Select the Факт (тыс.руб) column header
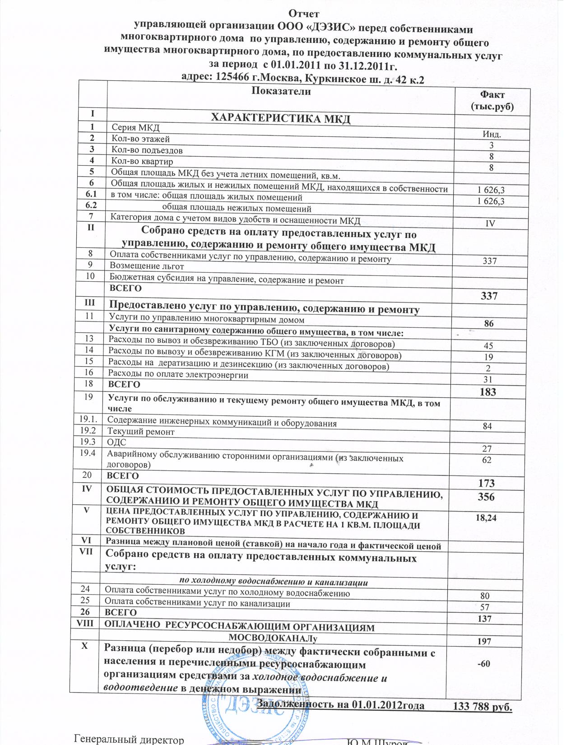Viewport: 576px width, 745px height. (x=492, y=101)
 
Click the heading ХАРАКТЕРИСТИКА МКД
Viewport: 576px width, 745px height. (x=281, y=119)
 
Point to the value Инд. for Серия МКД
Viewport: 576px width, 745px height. (x=492, y=134)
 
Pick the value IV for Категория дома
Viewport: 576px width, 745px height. (x=490, y=223)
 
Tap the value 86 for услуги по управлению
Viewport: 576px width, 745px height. (x=488, y=323)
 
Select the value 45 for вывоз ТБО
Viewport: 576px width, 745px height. (x=488, y=346)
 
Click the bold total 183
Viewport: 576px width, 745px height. (x=488, y=392)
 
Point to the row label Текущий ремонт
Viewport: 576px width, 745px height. (x=140, y=432)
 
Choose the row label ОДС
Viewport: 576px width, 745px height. (x=116, y=442)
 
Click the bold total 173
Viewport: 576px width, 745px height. (x=487, y=483)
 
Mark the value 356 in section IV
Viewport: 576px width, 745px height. (x=486, y=497)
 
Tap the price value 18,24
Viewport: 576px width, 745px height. (x=486, y=518)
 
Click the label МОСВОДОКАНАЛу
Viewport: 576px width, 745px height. (x=274, y=638)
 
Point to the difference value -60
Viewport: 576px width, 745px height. (x=483, y=663)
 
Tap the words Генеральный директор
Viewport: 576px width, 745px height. (x=129, y=740)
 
